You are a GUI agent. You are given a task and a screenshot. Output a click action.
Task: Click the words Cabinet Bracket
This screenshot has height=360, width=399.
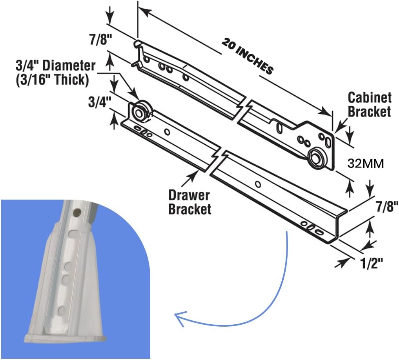pyautogui.click(x=369, y=104)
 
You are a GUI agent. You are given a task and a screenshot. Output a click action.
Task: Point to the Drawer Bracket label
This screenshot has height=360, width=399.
pyautogui.click(x=189, y=202)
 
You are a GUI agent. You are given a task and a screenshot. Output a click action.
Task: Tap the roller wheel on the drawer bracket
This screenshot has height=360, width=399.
pyautogui.click(x=138, y=113)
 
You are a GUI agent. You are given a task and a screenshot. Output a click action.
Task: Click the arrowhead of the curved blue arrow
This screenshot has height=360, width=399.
pyautogui.click(x=179, y=318)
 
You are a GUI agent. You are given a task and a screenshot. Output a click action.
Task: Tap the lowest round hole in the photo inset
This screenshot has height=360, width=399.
pyautogui.click(x=61, y=311)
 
